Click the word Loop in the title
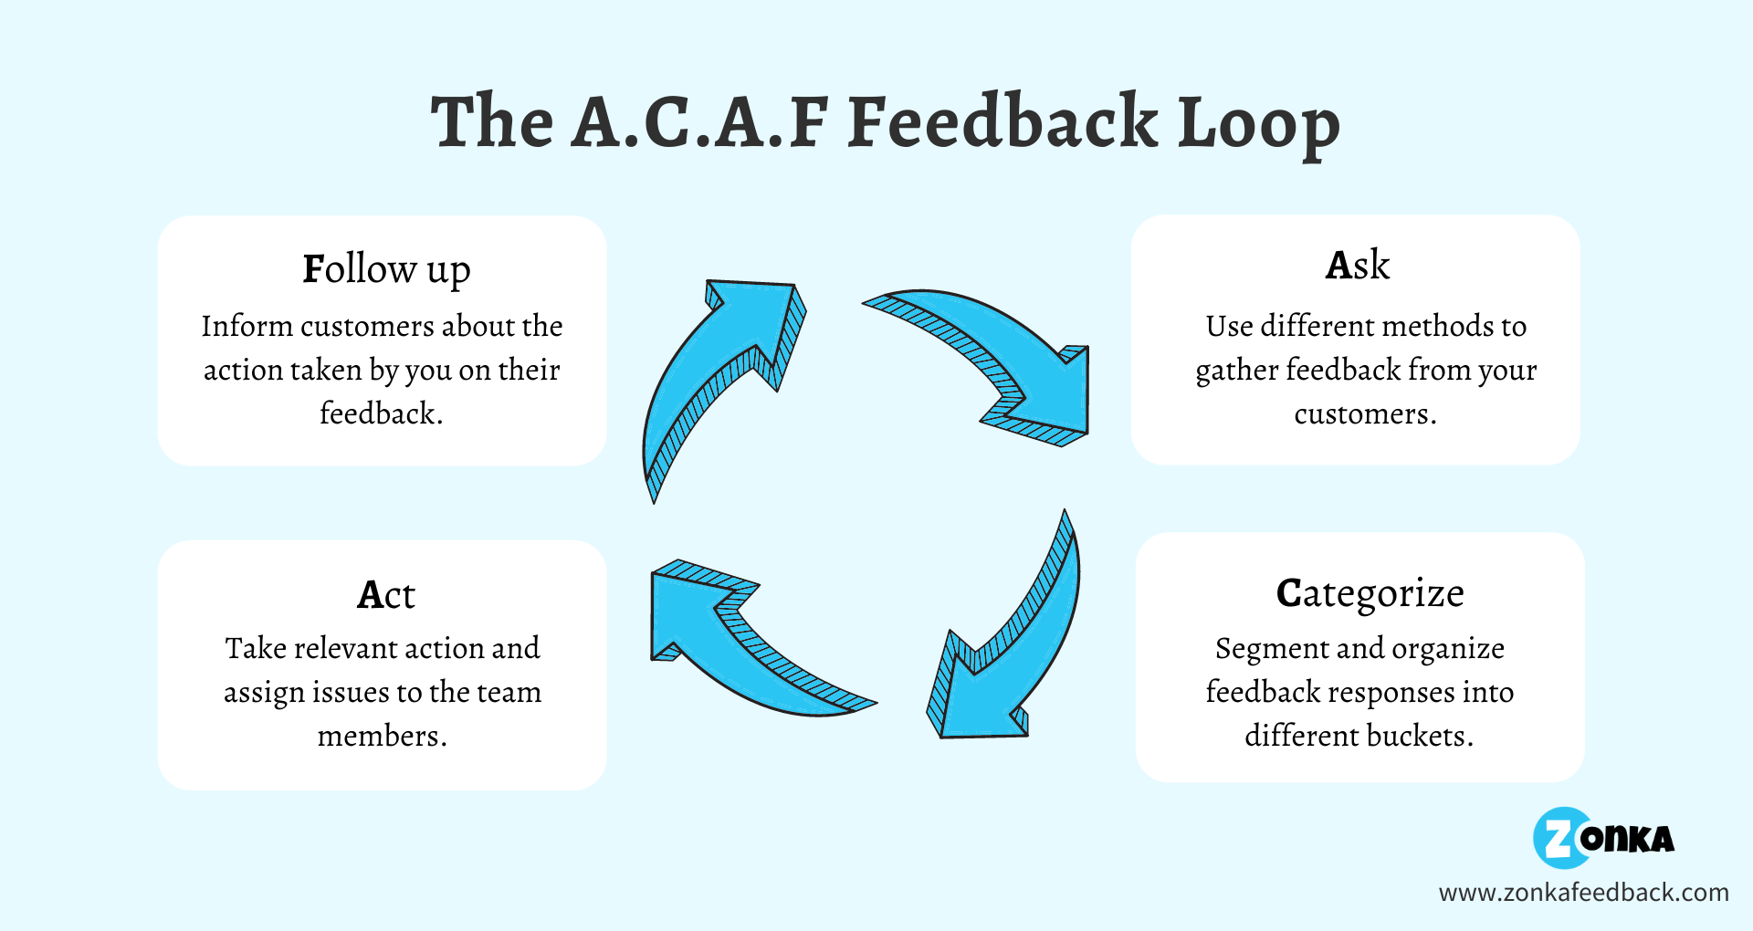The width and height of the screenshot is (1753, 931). tap(1258, 123)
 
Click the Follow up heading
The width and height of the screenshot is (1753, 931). tap(386, 270)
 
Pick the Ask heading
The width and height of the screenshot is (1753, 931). tap(1357, 266)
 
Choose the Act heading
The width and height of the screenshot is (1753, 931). tap(385, 595)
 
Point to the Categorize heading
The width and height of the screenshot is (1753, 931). tap(1370, 594)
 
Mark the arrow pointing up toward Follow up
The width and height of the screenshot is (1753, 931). tap(721, 374)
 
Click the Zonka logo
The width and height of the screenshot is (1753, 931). tap(1603, 838)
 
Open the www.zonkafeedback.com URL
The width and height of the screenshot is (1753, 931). tap(1583, 893)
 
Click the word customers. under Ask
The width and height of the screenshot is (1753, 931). tap(1365, 414)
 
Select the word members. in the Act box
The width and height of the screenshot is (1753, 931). tap(383, 736)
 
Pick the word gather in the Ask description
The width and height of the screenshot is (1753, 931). tap(1237, 371)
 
